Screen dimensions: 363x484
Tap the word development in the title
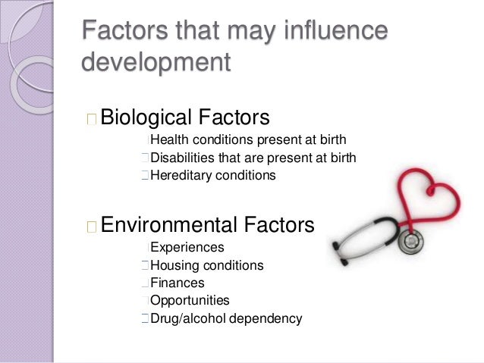[x=155, y=62]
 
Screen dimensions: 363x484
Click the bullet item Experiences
[x=187, y=247]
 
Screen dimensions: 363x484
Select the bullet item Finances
[x=178, y=283]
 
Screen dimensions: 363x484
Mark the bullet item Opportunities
[x=190, y=301]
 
